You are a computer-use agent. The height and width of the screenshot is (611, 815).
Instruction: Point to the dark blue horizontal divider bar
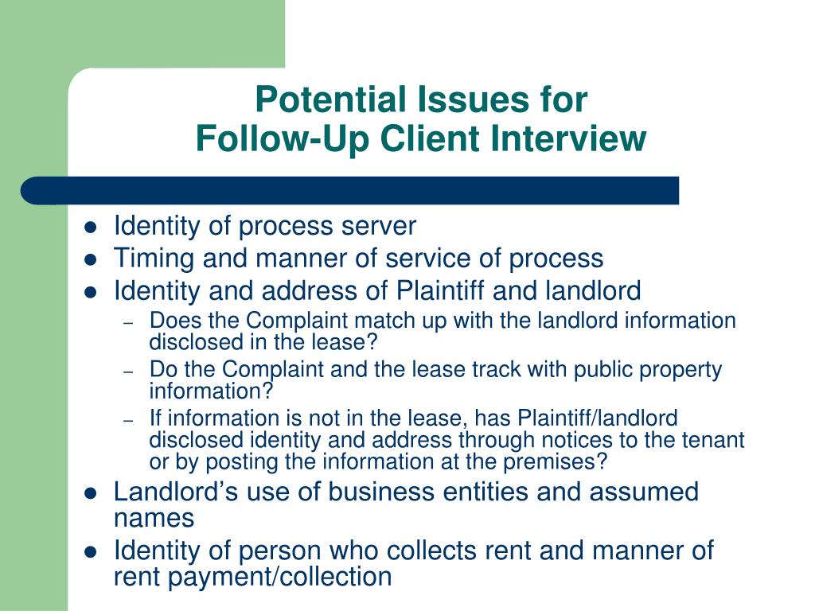350,191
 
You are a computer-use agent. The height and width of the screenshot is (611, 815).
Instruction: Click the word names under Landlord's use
154,519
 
